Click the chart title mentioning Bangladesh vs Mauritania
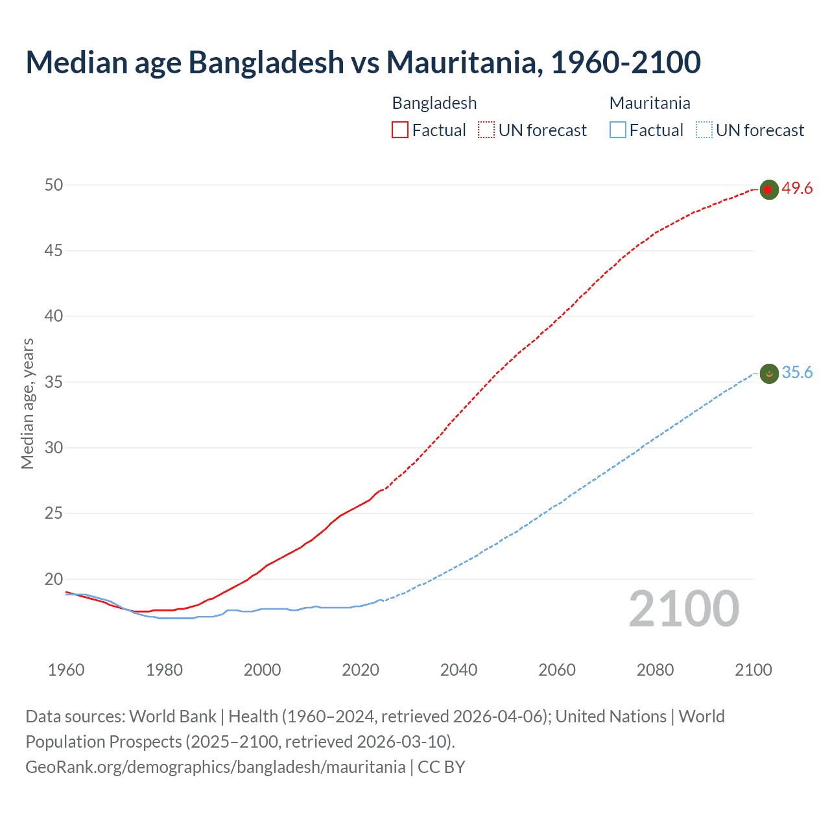pos(363,62)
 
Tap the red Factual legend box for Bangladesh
pos(400,130)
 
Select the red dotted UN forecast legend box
pos(486,130)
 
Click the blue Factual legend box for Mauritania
pos(618,130)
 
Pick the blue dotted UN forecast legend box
pos(704,130)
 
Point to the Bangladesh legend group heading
pos(434,103)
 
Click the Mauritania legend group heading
pos(650,103)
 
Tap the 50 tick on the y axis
pos(54,185)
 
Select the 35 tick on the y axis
pos(54,382)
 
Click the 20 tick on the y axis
pos(54,579)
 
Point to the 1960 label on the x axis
pos(66,670)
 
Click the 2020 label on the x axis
pos(361,670)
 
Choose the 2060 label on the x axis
pos(557,670)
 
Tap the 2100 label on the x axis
pos(753,670)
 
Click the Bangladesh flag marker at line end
pos(768,189)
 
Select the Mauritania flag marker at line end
pos(768,373)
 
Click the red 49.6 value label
pos(797,189)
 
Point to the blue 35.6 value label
pos(797,373)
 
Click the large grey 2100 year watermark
pos(684,609)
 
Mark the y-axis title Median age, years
pos(27,403)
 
